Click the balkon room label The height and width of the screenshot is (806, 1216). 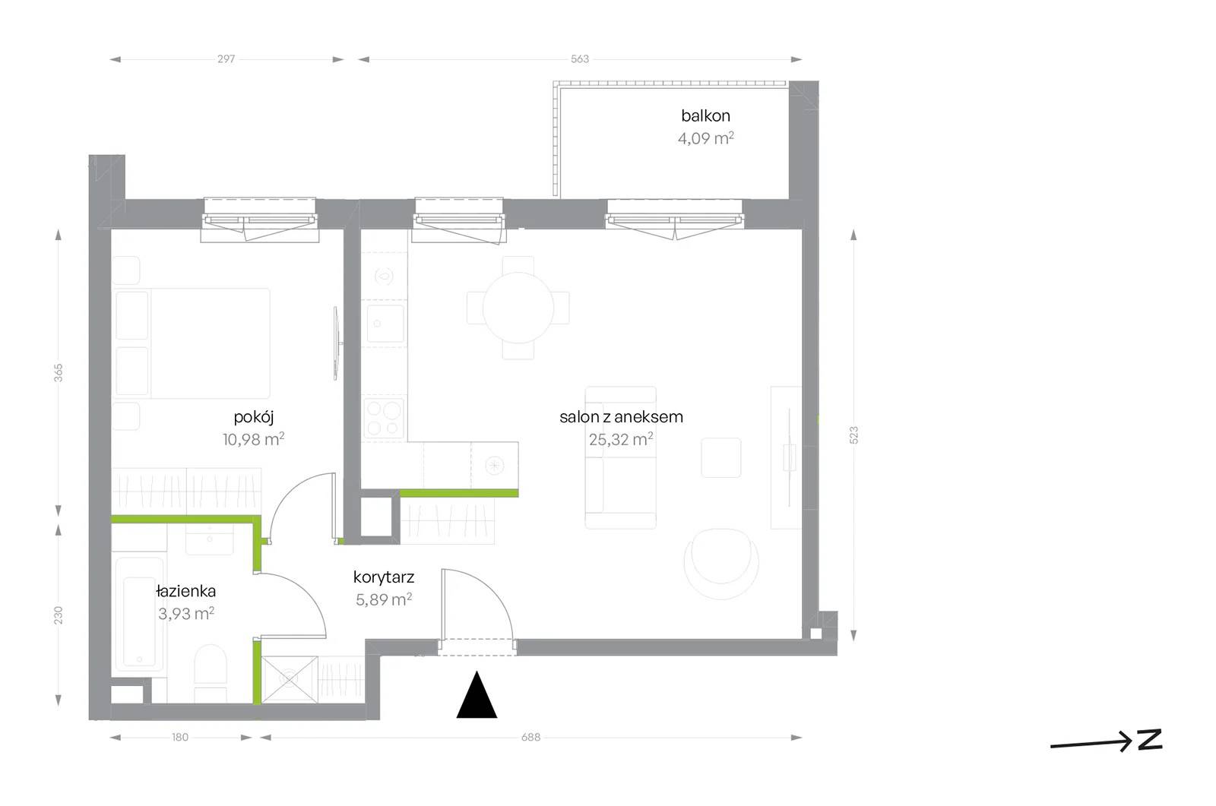pos(705,115)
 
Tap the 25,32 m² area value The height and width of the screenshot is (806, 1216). pos(620,439)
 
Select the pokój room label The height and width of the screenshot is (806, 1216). pos(254,417)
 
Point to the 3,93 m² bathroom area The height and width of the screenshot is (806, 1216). pos(186,613)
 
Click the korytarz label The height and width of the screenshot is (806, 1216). pos(384,577)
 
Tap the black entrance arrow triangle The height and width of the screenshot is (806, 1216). pos(477,695)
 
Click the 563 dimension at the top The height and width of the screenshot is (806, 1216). pos(580,59)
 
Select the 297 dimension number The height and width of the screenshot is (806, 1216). pos(226,59)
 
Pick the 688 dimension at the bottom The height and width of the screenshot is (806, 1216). pos(531,737)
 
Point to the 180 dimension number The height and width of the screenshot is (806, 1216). pos(180,737)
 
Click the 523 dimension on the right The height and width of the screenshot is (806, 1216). pos(854,435)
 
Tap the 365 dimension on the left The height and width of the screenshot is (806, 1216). pos(58,373)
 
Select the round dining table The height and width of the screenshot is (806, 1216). pos(518,308)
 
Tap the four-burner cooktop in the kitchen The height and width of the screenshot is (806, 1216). pos(384,419)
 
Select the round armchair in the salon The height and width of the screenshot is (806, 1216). pos(721,564)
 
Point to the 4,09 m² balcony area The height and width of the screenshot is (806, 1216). pos(706,138)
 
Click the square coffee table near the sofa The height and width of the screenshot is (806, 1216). pos(721,457)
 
